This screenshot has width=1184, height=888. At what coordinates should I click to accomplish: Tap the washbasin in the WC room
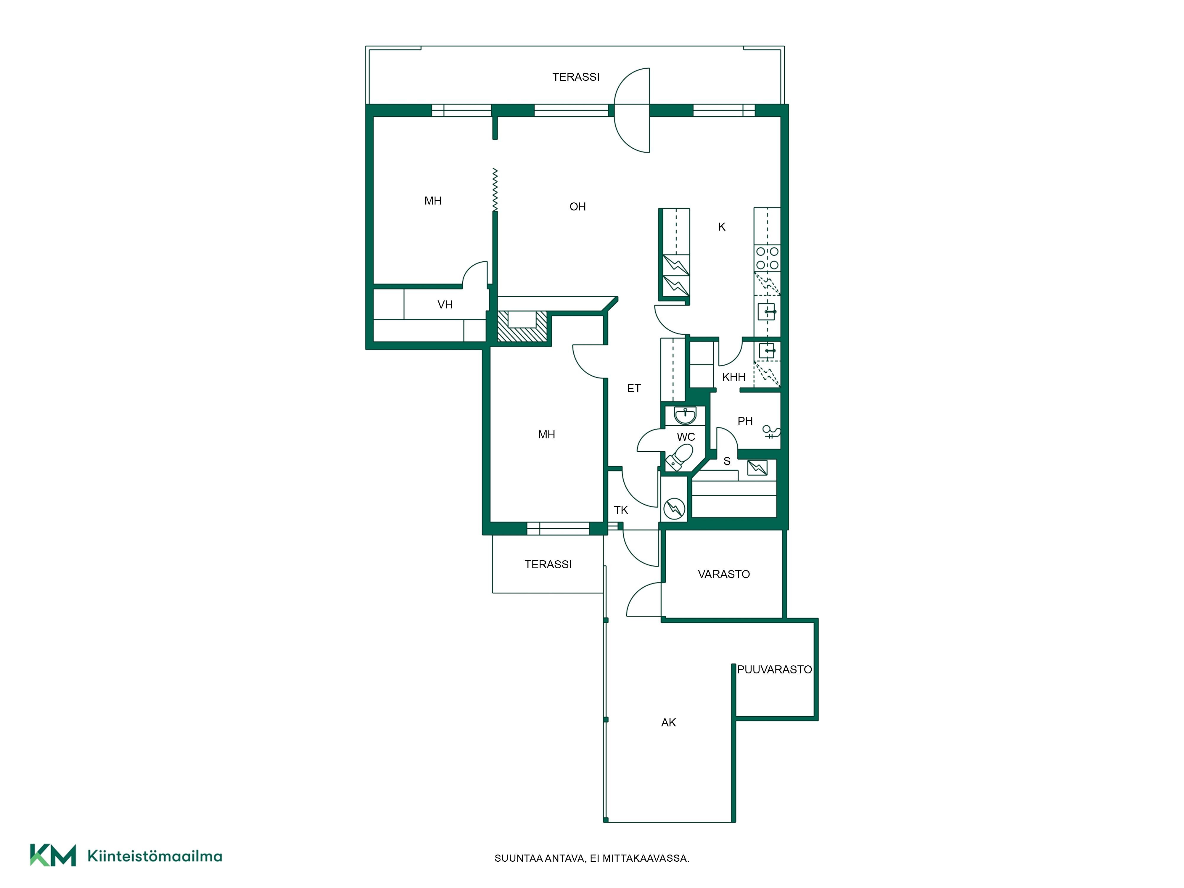[685, 415]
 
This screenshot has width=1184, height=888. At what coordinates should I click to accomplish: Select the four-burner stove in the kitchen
[767, 258]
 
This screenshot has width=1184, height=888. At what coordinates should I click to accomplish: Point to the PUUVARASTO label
[775, 670]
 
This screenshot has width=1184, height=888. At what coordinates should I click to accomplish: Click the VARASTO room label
[724, 574]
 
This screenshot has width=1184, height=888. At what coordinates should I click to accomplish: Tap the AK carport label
[669, 723]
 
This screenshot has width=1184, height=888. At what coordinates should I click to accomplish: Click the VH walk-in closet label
[445, 305]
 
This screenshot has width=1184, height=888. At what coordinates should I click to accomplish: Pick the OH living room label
[577, 207]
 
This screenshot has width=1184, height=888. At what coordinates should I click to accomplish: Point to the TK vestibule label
[621, 510]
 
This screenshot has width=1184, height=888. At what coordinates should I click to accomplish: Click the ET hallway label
[634, 389]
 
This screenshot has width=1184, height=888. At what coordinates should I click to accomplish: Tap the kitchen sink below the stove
[767, 311]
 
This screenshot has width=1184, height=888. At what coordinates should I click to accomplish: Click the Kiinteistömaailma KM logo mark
[52, 855]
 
